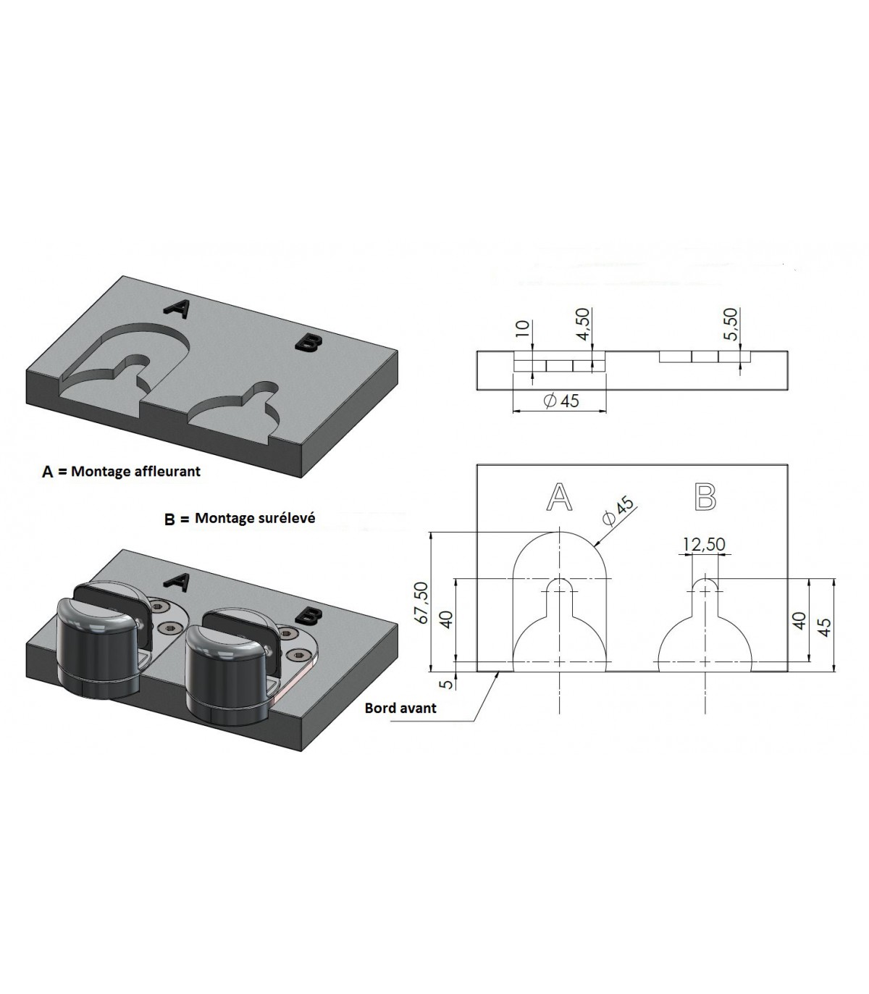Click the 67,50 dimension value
click(x=422, y=603)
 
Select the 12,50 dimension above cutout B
click(x=705, y=543)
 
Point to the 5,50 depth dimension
click(x=731, y=324)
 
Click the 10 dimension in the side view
click(x=521, y=328)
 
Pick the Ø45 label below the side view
click(x=562, y=401)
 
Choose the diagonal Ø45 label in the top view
click(x=618, y=510)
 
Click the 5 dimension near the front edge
click(x=448, y=683)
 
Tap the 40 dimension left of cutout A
click(x=445, y=619)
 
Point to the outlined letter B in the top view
click(x=705, y=497)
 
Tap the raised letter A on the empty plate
click(x=176, y=309)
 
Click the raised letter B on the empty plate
click(x=308, y=343)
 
